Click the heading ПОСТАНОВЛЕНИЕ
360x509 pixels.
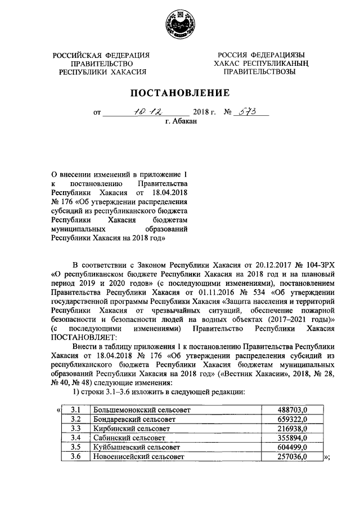(180, 93)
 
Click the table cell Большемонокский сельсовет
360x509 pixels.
(134, 410)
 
